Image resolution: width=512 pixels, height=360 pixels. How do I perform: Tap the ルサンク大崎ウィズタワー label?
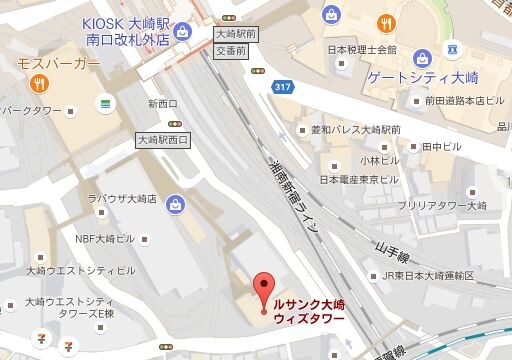[310, 310]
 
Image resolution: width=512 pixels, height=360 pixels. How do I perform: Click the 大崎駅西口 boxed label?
[164, 141]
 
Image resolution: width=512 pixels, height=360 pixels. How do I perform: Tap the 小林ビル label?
[378, 159]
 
